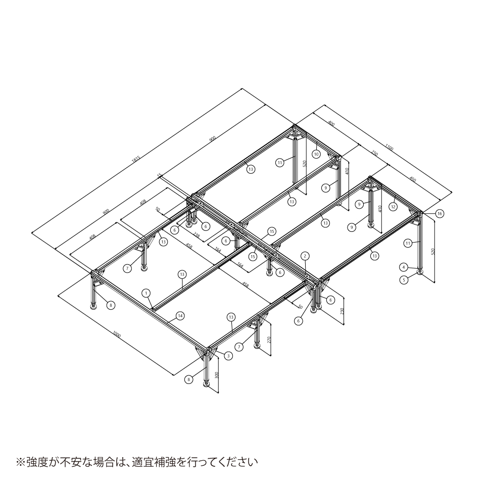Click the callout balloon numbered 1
[146, 293]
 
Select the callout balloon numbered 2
[305, 256]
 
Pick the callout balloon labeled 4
[404, 266]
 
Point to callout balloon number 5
[404, 279]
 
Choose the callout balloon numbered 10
[316, 153]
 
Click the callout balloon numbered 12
[393, 206]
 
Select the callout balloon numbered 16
[440, 214]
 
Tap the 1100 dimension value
[389, 148]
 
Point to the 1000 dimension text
[117, 334]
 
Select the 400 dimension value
[331, 123]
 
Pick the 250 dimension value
[375, 153]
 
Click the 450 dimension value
[413, 178]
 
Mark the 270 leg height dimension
[270, 339]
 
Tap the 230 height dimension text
[342, 311]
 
